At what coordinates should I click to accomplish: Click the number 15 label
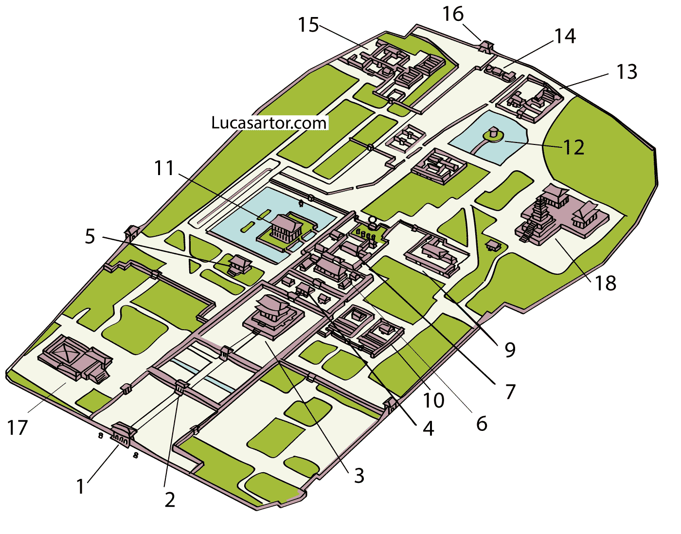pyautogui.click(x=308, y=25)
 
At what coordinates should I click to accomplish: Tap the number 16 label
pyautogui.click(x=453, y=15)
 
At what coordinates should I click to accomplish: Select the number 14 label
pyautogui.click(x=565, y=36)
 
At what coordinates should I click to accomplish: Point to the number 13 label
pyautogui.click(x=627, y=72)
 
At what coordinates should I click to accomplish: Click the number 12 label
pyautogui.click(x=573, y=147)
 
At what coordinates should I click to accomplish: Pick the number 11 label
pyautogui.click(x=164, y=169)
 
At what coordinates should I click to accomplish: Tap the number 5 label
pyautogui.click(x=90, y=237)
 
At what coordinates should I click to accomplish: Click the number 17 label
pyautogui.click(x=18, y=428)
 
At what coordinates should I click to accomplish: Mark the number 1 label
pyautogui.click(x=81, y=486)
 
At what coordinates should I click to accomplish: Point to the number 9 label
pyautogui.click(x=510, y=349)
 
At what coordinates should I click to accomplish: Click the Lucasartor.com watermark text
pyautogui.click(x=269, y=123)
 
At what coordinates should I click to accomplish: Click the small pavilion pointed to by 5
pyautogui.click(x=240, y=264)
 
